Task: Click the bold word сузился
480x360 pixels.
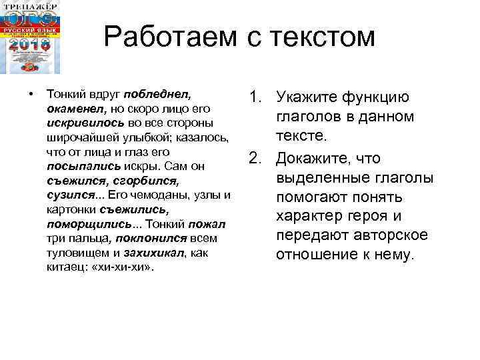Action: coord(69,195)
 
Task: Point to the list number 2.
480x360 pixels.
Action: coord(255,159)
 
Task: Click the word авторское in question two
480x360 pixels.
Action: coord(386,236)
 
